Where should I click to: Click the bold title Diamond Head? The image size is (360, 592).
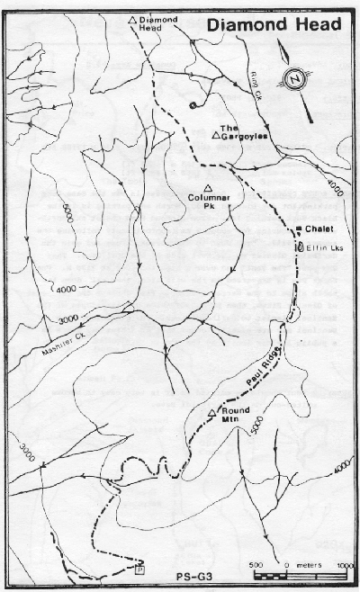[x=274, y=25]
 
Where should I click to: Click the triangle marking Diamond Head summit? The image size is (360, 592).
[x=133, y=18]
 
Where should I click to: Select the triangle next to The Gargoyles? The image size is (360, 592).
[x=216, y=135]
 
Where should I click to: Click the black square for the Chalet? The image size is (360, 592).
[x=299, y=228]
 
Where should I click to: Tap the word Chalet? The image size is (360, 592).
[x=320, y=229]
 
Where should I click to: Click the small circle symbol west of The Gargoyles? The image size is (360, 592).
[x=192, y=105]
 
